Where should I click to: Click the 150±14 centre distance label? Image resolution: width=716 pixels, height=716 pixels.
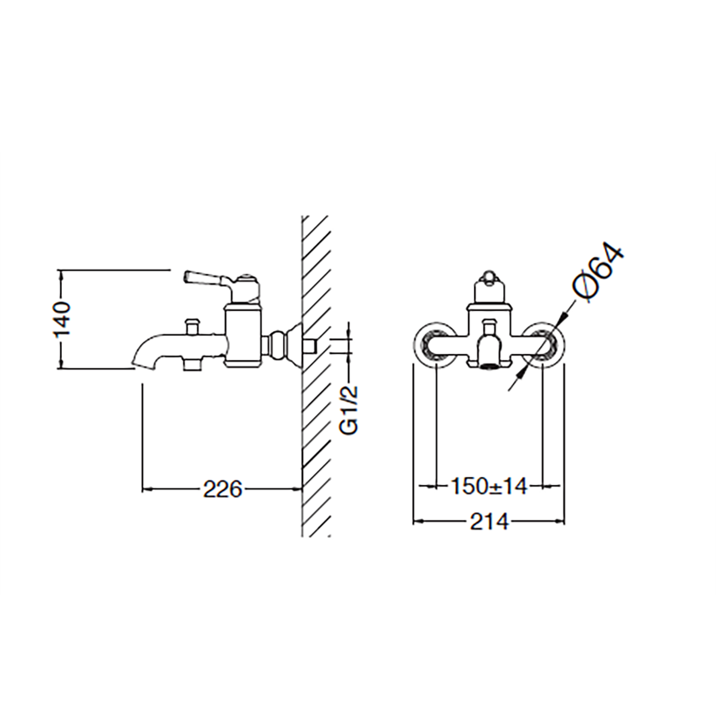pyautogui.click(x=489, y=486)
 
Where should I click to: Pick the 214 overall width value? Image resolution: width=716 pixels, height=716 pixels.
pyautogui.click(x=489, y=521)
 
